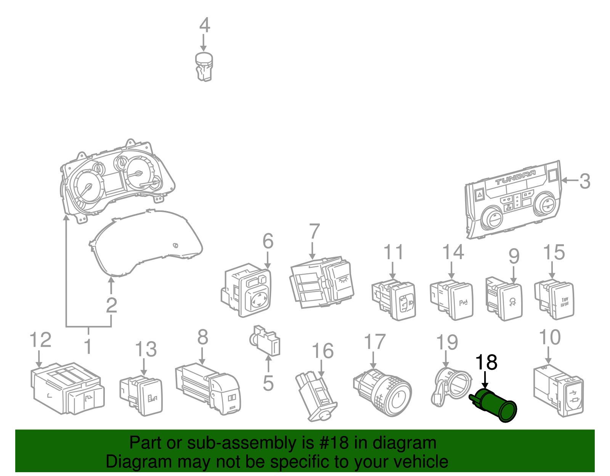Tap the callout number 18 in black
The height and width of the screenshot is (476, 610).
(486, 362)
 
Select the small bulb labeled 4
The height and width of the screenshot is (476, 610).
(204, 67)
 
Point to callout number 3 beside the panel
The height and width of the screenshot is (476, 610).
(584, 181)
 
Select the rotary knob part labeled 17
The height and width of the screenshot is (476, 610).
(383, 393)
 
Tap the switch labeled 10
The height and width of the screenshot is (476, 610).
(559, 391)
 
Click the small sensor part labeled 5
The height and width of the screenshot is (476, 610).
(266, 340)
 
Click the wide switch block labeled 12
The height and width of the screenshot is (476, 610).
(67, 389)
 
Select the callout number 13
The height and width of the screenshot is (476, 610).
(146, 349)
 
